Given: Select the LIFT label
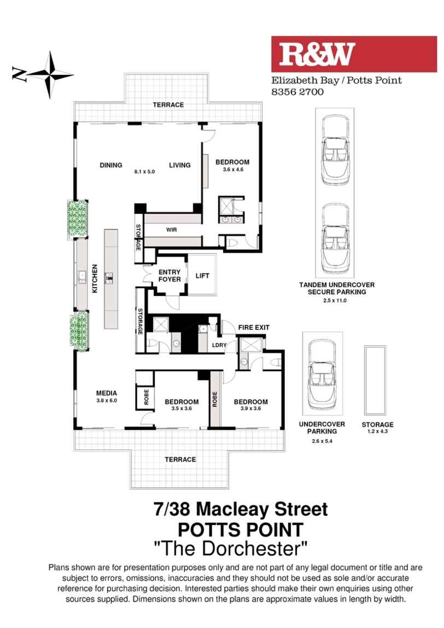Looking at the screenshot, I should click(202, 276).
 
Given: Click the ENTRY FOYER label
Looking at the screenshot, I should click(170, 276).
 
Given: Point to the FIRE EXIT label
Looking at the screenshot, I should click(253, 327).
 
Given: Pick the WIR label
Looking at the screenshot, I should click(171, 230).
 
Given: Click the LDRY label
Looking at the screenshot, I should click(219, 346).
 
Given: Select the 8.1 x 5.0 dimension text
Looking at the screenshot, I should click(145, 171).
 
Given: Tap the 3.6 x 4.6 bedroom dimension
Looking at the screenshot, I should click(232, 170).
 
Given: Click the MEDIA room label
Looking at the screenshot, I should click(107, 393).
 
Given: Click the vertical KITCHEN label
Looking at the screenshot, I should click(95, 279).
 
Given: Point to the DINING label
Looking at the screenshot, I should click(110, 165).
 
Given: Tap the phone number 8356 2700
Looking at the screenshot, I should click(298, 92).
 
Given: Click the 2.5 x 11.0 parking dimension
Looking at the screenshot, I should click(336, 300).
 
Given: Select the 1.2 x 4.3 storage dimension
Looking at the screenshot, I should click(377, 431).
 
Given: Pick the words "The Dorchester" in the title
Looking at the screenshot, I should click(231, 546).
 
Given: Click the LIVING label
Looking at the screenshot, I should click(179, 165).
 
